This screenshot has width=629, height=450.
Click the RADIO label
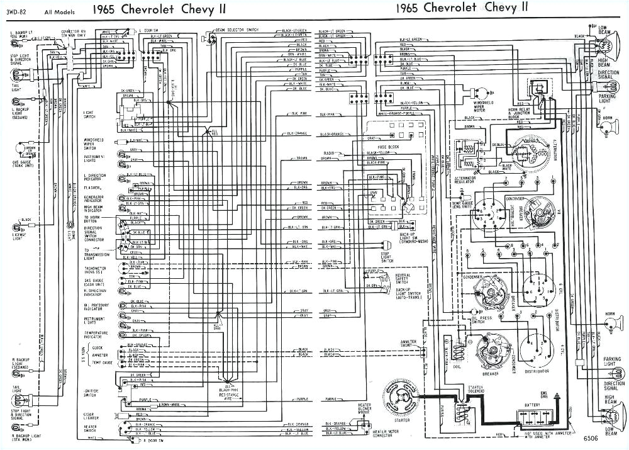tap(328, 153)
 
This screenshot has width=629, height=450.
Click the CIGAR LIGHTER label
tap(91, 417)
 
